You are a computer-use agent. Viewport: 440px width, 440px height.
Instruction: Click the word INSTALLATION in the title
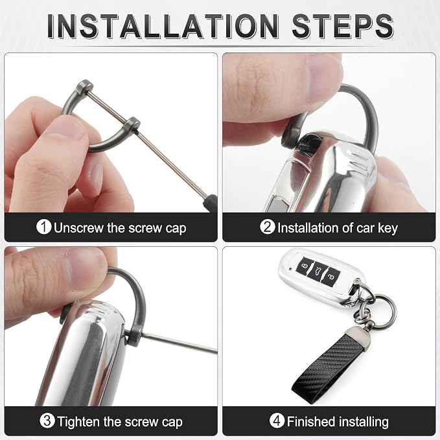163,26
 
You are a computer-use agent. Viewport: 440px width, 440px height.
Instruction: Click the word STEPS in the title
342,26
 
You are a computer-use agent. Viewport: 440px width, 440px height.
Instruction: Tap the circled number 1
44,226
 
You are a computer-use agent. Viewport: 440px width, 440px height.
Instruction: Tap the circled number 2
268,226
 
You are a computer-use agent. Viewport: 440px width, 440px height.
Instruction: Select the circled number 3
47,421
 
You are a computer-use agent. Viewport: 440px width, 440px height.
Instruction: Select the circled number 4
277,421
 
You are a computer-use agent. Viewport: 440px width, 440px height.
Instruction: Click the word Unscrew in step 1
79,227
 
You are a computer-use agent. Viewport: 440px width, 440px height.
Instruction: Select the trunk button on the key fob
318,271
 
